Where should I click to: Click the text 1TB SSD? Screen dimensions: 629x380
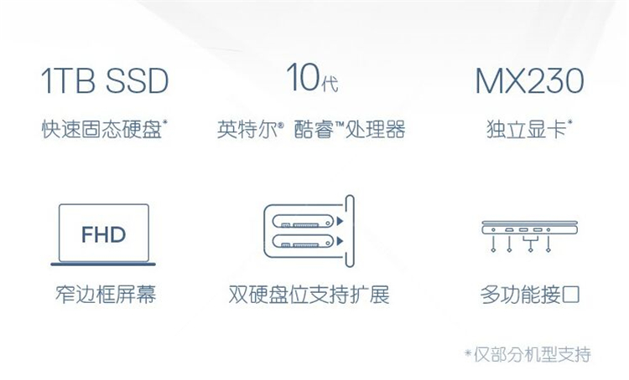coord(104,80)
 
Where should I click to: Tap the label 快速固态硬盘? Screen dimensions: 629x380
coord(101,129)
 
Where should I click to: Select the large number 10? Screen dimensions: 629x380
coord(304,77)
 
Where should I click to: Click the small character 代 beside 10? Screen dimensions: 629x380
coord(330,83)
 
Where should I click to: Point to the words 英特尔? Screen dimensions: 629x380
coord(247,130)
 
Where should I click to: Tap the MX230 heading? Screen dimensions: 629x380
coord(529,80)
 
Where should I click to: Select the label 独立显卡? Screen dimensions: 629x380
coord(527,129)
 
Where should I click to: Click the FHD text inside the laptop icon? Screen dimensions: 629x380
coord(103,234)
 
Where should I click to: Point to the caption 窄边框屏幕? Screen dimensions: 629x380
coord(106,294)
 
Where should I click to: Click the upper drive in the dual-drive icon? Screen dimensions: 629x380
coord(304,221)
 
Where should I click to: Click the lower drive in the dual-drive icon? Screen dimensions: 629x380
coord(304,241)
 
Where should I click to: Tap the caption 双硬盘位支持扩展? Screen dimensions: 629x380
coord(309,295)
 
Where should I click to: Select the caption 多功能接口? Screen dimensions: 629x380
coord(530,295)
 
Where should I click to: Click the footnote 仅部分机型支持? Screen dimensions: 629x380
coord(533,354)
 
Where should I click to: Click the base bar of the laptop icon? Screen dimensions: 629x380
coord(103,264)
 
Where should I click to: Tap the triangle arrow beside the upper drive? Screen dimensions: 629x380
coord(340,221)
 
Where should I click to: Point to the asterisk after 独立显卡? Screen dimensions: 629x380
coord(569,121)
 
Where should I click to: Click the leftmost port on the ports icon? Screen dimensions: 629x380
coord(493,230)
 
